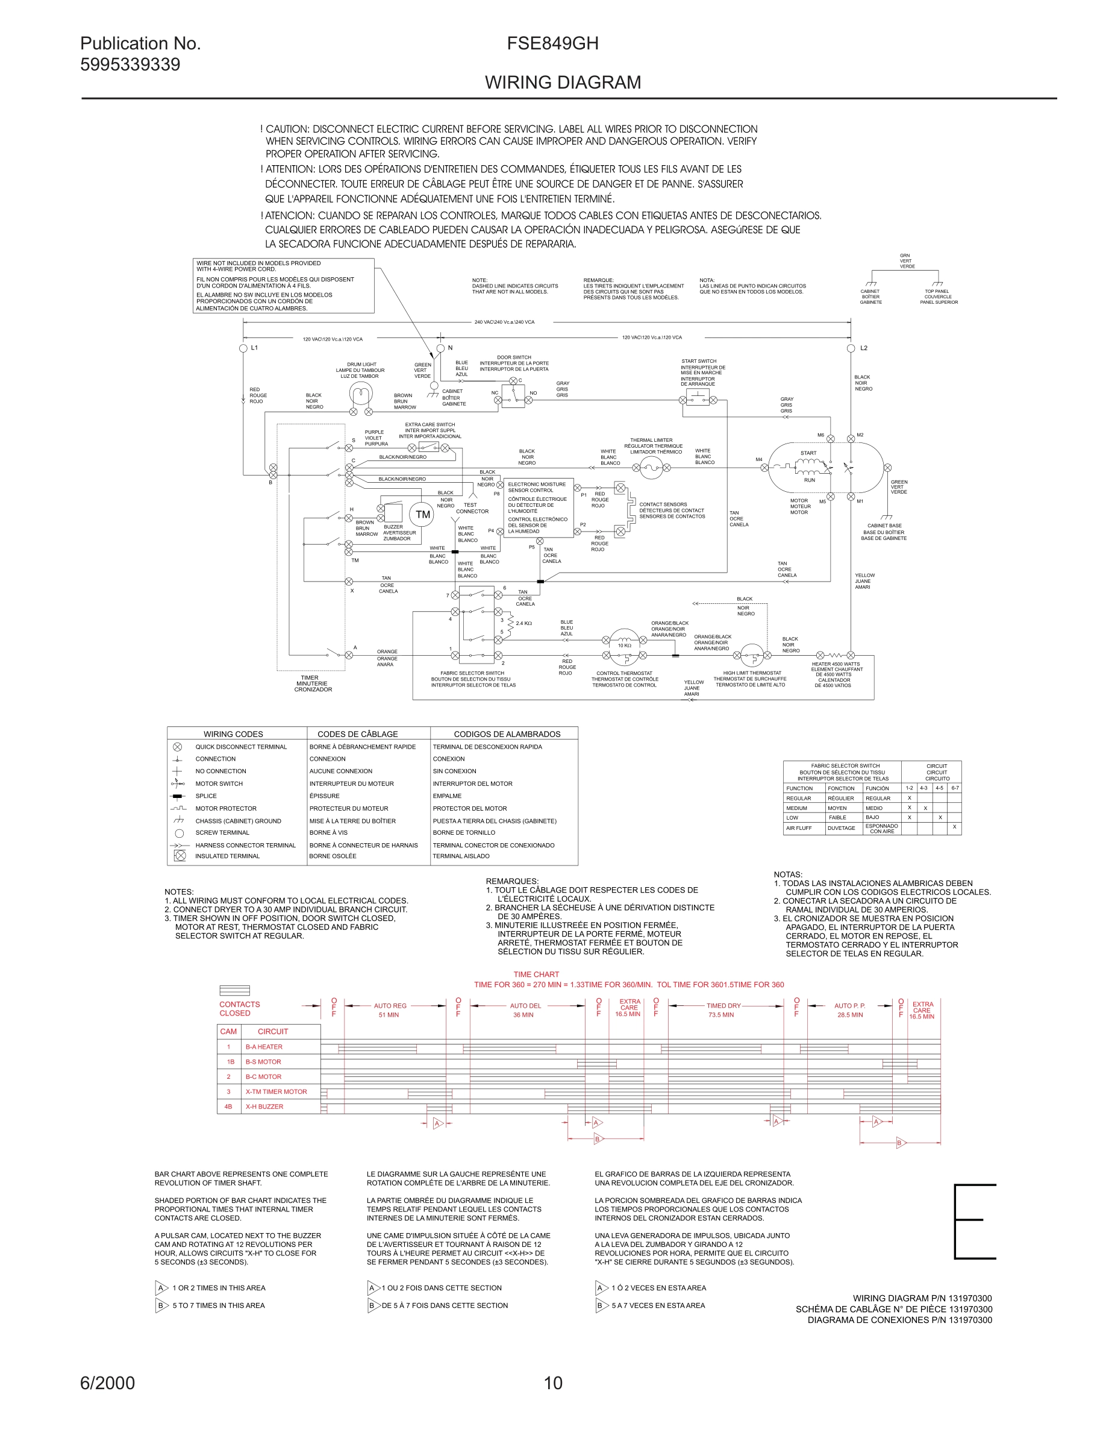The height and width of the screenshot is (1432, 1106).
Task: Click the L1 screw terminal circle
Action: pos(243,348)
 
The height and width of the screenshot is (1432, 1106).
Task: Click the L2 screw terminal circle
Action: pos(851,348)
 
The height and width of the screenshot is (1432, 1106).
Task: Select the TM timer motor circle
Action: pos(423,515)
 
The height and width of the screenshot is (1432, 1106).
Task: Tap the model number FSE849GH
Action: pos(552,43)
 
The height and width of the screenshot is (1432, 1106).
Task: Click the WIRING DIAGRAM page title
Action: pos(563,83)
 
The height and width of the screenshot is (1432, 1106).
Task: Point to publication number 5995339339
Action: pos(130,64)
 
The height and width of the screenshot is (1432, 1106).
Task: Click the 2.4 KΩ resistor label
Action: pos(523,624)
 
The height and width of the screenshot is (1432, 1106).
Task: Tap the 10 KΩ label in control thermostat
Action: pos(625,646)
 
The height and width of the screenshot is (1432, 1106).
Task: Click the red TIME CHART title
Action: pos(536,975)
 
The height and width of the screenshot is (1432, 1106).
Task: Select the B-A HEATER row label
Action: pos(263,1047)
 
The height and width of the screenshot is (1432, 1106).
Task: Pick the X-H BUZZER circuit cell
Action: pos(264,1107)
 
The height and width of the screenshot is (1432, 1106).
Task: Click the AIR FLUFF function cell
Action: pos(799,828)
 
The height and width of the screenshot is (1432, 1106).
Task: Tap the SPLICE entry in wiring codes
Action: pos(206,796)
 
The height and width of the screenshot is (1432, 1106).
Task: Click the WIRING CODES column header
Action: pos(233,734)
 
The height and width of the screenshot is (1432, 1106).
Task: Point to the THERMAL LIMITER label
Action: pos(651,441)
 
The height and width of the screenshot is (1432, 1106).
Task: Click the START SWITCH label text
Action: pos(698,361)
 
